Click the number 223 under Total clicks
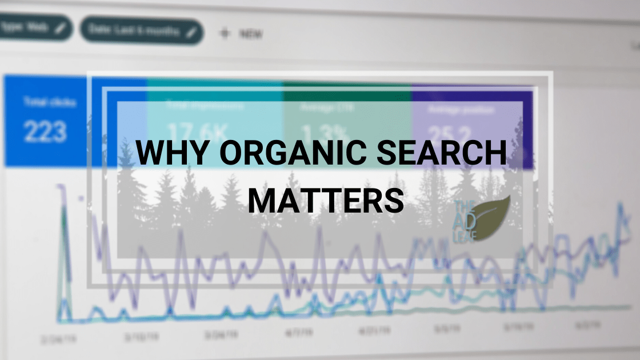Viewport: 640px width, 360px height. [x=45, y=132]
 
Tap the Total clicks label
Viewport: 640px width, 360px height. [x=43, y=102]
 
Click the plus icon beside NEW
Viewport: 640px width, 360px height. [x=225, y=33]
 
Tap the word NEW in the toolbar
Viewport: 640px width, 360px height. [x=251, y=34]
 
